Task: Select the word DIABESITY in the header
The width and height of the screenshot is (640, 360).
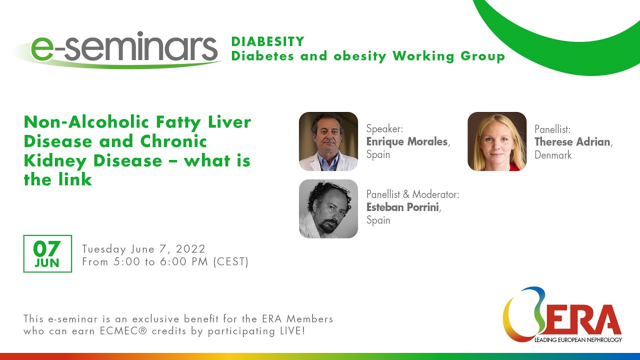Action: (267, 41)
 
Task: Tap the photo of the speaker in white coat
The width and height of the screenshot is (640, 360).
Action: (328, 141)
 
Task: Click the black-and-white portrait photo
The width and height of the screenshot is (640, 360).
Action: (328, 208)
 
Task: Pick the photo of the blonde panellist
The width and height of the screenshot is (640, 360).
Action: (497, 141)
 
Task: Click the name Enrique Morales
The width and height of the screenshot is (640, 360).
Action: (407, 142)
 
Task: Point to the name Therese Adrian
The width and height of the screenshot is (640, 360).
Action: (572, 142)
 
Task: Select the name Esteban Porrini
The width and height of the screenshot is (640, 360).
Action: (403, 207)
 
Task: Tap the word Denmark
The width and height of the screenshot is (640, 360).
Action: (553, 155)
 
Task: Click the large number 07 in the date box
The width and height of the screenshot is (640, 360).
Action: (47, 248)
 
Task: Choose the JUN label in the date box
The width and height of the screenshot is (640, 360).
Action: (47, 263)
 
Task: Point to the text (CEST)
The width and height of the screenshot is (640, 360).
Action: (230, 261)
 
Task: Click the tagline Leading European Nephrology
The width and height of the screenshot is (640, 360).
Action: (578, 340)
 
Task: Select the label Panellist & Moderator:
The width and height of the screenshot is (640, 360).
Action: (412, 194)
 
